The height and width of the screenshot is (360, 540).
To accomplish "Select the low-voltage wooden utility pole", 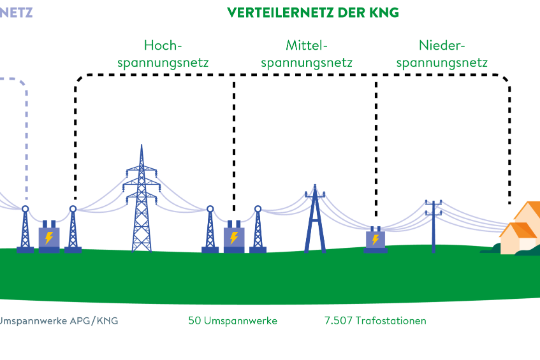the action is tap(433, 225).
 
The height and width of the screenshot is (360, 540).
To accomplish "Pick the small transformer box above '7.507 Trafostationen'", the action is tap(375, 240).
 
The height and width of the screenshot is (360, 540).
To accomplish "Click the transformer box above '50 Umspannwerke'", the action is tap(234, 238).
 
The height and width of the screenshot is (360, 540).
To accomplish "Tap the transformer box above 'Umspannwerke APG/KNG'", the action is tap(48, 237).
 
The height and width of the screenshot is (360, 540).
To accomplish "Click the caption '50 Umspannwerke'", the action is tap(232, 321).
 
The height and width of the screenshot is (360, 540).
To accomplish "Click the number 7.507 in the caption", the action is tap(339, 321).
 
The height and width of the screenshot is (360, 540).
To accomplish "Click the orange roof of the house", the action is tap(530, 212).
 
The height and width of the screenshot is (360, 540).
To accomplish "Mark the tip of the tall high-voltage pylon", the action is tap(142, 147).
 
